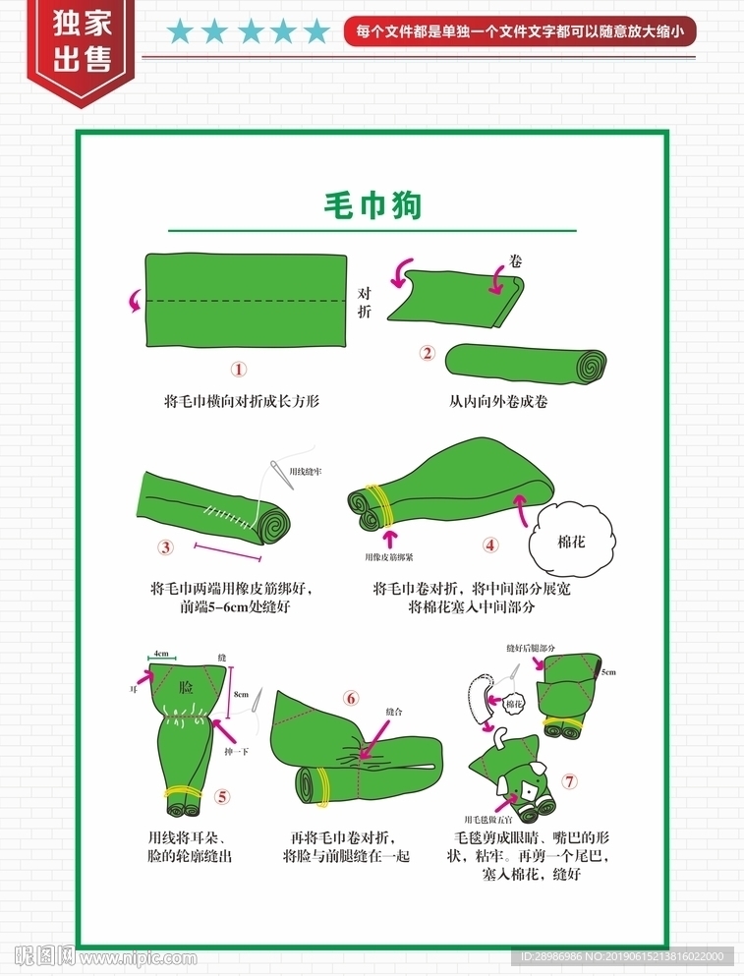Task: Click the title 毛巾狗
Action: (372, 205)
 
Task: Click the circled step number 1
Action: (238, 370)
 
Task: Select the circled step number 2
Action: (427, 354)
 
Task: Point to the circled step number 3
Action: (166, 547)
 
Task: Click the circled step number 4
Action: (490, 545)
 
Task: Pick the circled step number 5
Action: (222, 796)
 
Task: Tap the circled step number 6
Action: (351, 698)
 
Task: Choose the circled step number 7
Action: (570, 782)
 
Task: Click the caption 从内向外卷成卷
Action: (498, 402)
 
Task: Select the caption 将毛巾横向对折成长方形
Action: (242, 402)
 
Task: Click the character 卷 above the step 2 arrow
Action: (516, 261)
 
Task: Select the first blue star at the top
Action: (180, 32)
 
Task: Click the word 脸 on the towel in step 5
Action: (185, 691)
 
